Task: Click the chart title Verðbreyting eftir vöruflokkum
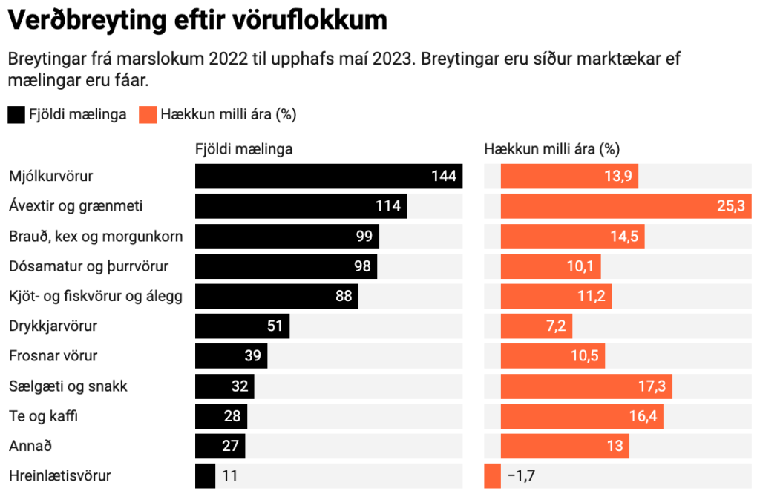pyautogui.click(x=197, y=20)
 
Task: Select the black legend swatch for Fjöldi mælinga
pyautogui.click(x=16, y=115)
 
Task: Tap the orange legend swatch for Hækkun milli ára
pyautogui.click(x=148, y=115)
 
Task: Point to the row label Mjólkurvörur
pyautogui.click(x=51, y=177)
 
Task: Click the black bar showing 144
pyautogui.click(x=328, y=177)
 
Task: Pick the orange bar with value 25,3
pyautogui.click(x=624, y=206)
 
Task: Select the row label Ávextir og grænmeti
pyautogui.click(x=75, y=206)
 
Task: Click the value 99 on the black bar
pyautogui.click(x=364, y=237)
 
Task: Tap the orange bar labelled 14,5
pyautogui.click(x=572, y=237)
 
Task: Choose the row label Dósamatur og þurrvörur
pyautogui.click(x=88, y=266)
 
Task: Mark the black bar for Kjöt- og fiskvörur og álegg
pyautogui.click(x=276, y=297)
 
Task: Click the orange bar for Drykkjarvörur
pyautogui.click(x=537, y=326)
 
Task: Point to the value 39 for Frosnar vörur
pyautogui.click(x=253, y=356)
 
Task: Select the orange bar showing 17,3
pyautogui.click(x=587, y=386)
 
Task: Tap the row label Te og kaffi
pyautogui.click(x=43, y=416)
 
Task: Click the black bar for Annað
pyautogui.click(x=220, y=447)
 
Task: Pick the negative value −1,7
pyautogui.click(x=520, y=476)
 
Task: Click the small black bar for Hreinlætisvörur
pyautogui.click(x=205, y=476)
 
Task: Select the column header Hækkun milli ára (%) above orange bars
pyautogui.click(x=551, y=149)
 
